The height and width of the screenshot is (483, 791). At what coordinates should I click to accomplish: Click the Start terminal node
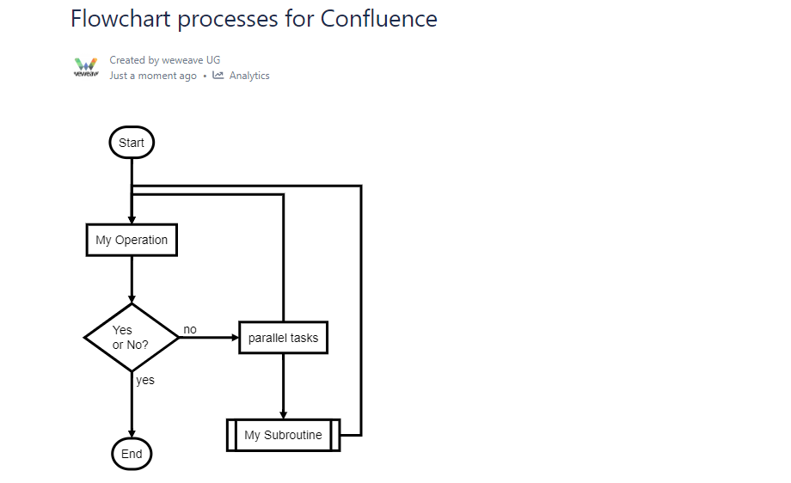132,142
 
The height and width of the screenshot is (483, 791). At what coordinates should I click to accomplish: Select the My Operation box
132,240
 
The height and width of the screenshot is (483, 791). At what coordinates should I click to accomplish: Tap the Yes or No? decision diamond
132,337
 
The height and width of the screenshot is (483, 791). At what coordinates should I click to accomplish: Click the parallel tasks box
283,338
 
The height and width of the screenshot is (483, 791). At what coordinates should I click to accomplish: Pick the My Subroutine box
283,435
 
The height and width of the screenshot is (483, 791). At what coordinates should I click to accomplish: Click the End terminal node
132,454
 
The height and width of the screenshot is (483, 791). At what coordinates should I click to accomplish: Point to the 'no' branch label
190,329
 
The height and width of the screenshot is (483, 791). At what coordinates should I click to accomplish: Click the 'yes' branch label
145,380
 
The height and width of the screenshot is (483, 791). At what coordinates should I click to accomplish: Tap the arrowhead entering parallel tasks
235,337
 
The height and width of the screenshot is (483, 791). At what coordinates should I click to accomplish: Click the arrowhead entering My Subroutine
283,415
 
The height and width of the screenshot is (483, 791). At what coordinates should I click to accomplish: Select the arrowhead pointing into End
132,434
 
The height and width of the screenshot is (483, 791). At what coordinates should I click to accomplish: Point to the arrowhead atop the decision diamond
132,299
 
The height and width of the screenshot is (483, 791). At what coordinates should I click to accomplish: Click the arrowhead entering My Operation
132,220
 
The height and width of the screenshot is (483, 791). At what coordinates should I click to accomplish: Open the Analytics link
249,76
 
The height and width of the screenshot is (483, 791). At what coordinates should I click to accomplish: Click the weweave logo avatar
86,67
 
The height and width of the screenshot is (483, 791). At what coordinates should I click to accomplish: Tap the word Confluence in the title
379,19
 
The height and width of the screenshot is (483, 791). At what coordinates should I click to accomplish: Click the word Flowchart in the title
120,19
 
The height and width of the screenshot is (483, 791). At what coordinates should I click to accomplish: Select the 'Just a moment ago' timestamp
153,76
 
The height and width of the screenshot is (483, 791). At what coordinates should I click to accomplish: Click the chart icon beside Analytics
218,75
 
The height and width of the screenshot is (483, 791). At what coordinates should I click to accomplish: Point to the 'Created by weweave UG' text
165,60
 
